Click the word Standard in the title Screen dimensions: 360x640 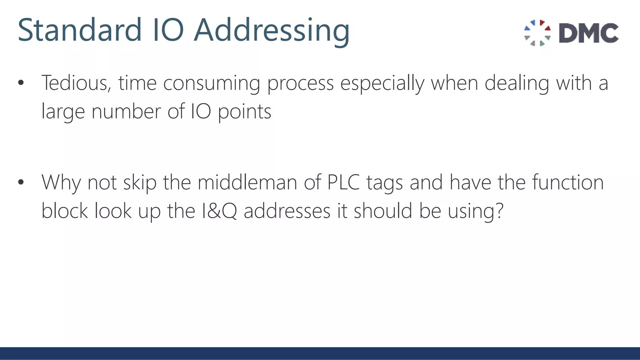tap(80, 30)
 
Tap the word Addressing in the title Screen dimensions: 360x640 tap(272, 31)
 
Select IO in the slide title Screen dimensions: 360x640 tap(168, 30)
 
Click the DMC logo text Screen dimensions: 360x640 tap(589, 33)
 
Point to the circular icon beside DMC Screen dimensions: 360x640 tap(537, 33)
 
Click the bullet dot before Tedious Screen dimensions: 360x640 tap(21, 83)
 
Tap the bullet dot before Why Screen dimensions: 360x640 tap(21, 182)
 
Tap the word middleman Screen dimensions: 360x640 tap(247, 182)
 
